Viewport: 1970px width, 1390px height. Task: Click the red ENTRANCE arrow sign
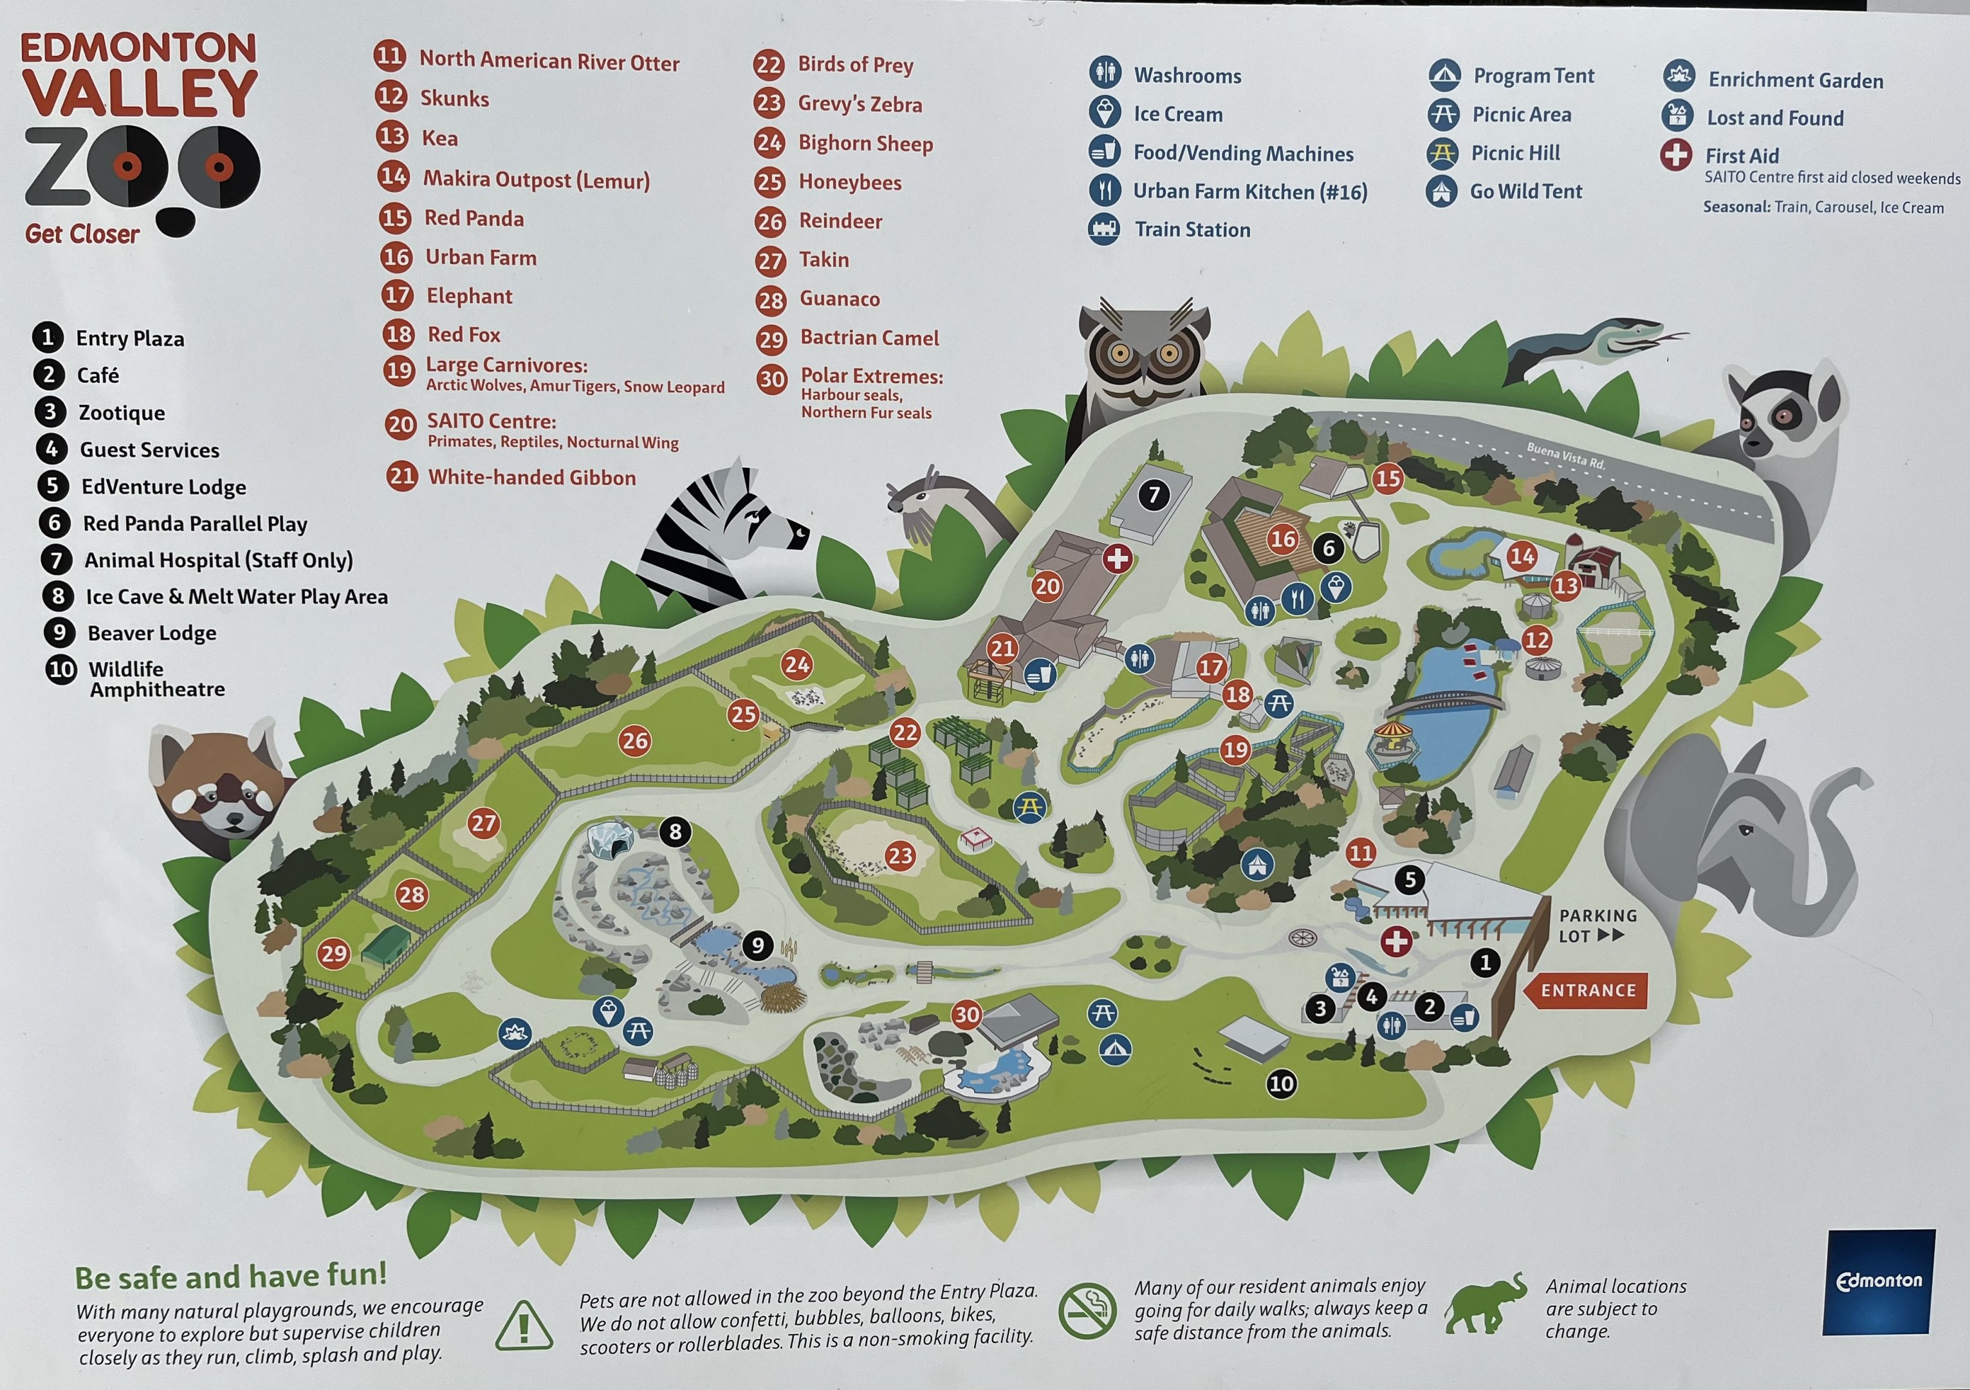tap(1586, 990)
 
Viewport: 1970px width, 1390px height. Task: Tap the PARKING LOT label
tap(1597, 926)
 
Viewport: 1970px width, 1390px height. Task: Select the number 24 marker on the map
tap(796, 664)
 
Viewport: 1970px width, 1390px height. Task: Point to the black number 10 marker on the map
tap(1281, 1084)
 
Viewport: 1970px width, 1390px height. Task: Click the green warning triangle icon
tap(524, 1324)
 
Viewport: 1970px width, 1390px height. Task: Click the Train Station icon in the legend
tap(1104, 229)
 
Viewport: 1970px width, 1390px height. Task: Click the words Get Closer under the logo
tap(82, 234)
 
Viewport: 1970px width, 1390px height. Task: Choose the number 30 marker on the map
tap(966, 1014)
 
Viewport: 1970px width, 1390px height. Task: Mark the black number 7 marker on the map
tap(1154, 494)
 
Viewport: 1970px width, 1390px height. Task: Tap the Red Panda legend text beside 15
tap(474, 218)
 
